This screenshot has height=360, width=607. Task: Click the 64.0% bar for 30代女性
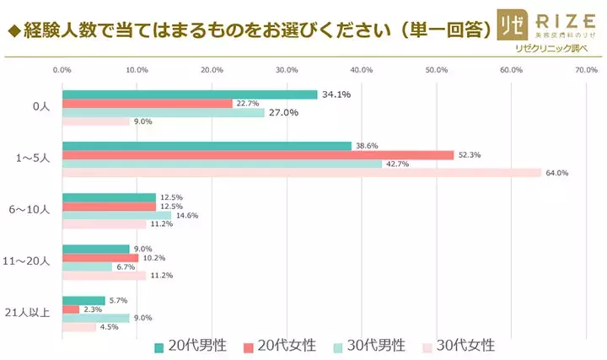pos(302,174)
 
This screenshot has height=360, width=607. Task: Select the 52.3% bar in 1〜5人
pos(258,155)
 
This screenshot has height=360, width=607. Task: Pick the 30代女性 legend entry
pos(457,346)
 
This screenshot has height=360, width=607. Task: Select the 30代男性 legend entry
pos(369,346)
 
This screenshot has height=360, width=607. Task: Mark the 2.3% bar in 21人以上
pos(71,309)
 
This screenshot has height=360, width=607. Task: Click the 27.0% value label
pos(283,113)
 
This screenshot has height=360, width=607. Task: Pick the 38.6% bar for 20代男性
pos(207,146)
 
